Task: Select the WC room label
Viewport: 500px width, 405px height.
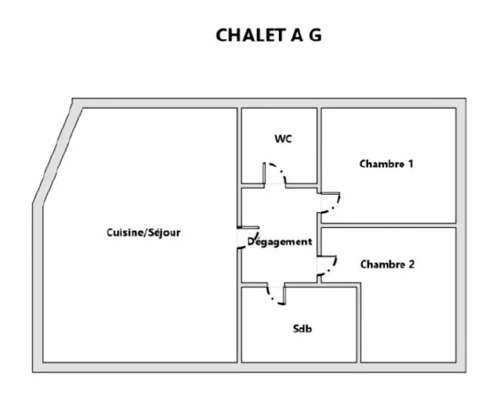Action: pos(283,139)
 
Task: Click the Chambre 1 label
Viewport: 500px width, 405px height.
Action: pos(386,163)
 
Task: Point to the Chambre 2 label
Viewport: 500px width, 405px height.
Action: pos(387,264)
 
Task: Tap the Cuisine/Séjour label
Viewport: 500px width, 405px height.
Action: pos(143,232)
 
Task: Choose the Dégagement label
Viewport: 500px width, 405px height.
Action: pos(280,242)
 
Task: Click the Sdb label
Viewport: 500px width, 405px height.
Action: pos(302,329)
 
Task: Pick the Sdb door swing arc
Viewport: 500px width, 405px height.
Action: pos(275,296)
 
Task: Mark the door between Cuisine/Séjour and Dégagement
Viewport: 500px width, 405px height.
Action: pos(250,236)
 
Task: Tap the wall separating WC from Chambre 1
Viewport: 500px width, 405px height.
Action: pos(319,145)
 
